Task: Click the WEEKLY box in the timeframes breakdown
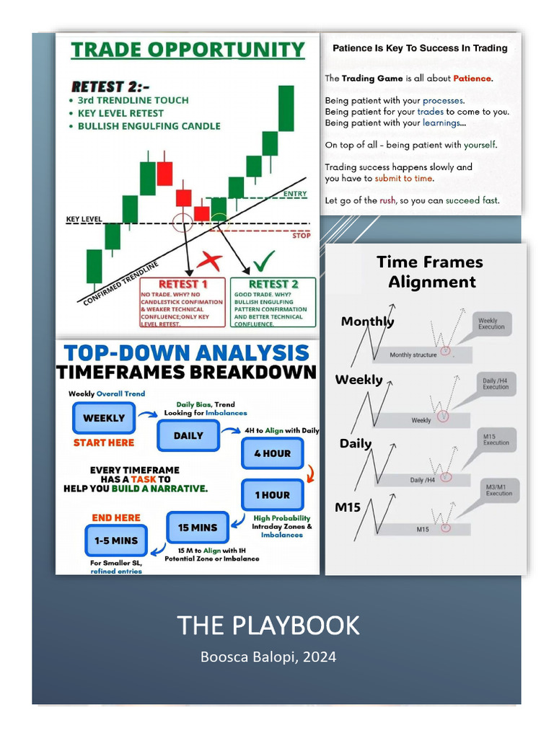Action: click(104, 418)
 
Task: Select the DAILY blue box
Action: click(188, 435)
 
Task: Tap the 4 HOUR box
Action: click(272, 453)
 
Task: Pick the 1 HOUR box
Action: click(272, 495)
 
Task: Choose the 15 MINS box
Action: click(198, 528)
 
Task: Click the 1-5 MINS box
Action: click(115, 540)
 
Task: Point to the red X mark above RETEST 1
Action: click(210, 261)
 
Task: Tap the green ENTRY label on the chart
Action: click(295, 194)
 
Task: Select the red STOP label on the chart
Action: click(301, 235)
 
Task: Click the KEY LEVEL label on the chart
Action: click(84, 219)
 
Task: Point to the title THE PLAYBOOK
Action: click(268, 625)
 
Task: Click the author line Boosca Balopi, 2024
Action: click(268, 657)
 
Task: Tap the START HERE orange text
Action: click(104, 443)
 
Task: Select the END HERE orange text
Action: click(115, 517)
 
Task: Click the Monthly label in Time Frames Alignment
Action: click(367, 321)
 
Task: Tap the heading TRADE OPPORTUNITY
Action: click(188, 50)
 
